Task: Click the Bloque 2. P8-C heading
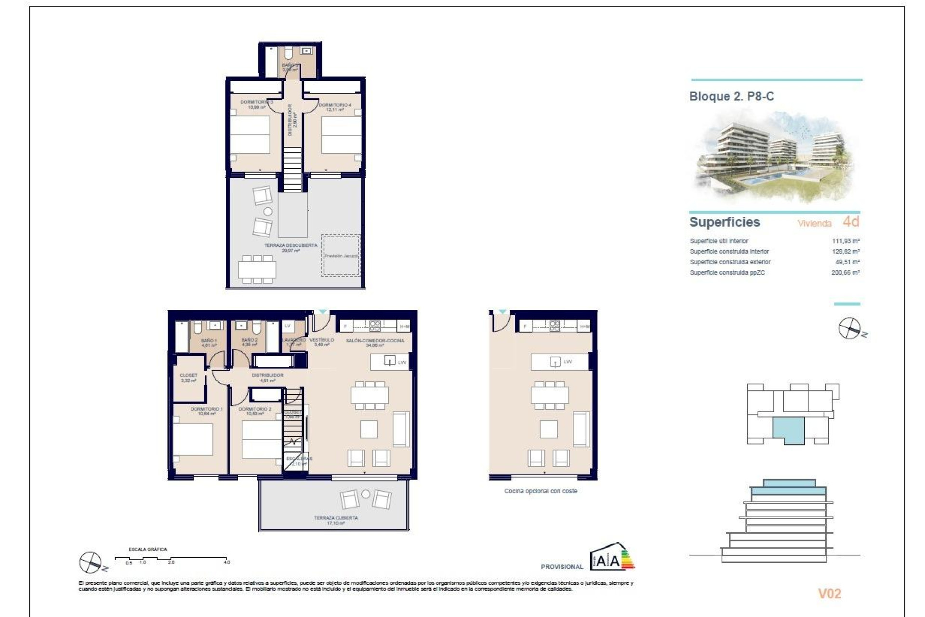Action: click(x=731, y=96)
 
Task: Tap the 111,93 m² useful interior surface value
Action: click(x=846, y=241)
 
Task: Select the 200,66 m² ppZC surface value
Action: click(x=846, y=273)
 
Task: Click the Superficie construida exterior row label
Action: click(x=730, y=262)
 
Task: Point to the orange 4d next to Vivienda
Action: click(x=851, y=222)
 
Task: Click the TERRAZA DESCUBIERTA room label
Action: click(x=291, y=246)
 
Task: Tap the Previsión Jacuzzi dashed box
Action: click(x=341, y=255)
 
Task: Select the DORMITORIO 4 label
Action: click(x=335, y=105)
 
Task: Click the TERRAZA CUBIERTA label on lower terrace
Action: click(x=336, y=518)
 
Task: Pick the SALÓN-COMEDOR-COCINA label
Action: click(x=375, y=341)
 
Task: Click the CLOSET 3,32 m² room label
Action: click(x=188, y=376)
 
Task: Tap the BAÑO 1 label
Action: click(x=209, y=341)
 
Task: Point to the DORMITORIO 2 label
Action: click(x=255, y=409)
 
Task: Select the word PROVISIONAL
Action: click(x=562, y=567)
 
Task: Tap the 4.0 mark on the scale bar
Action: click(x=226, y=562)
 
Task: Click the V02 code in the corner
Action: click(x=829, y=594)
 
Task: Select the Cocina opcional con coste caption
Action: click(x=541, y=491)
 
